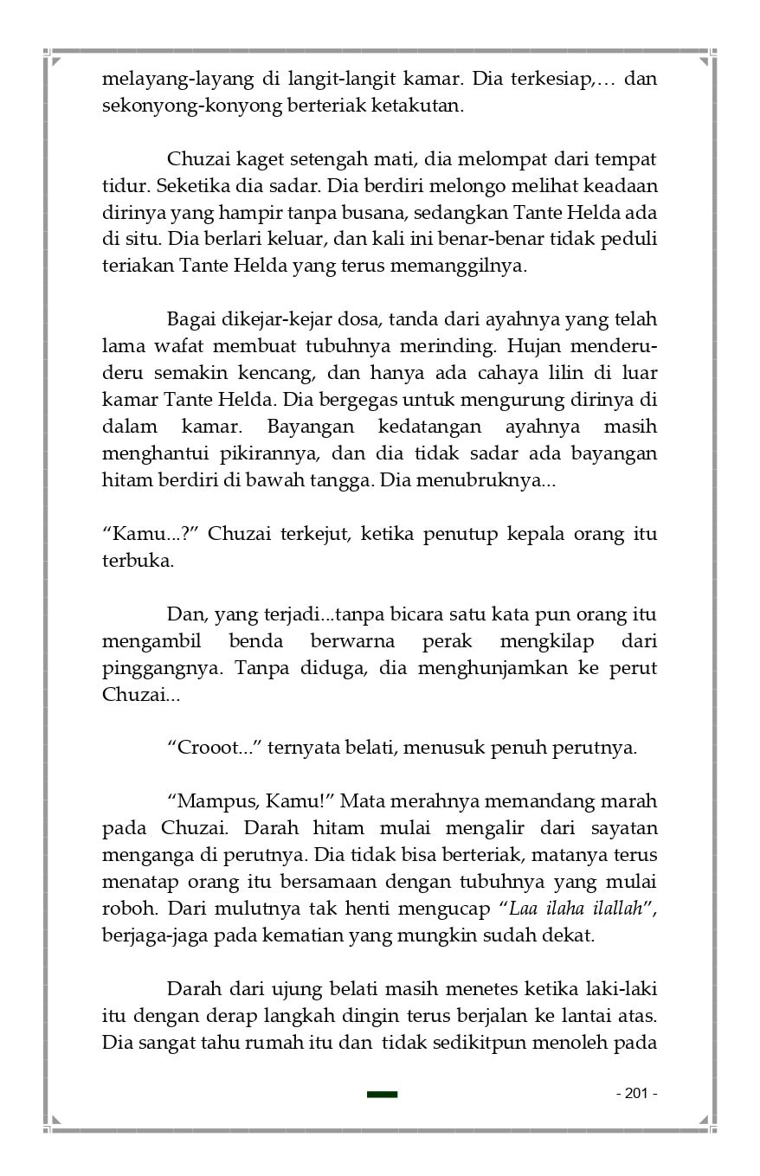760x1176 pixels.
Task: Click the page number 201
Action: click(x=636, y=1094)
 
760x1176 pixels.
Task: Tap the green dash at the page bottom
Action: click(x=382, y=1095)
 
